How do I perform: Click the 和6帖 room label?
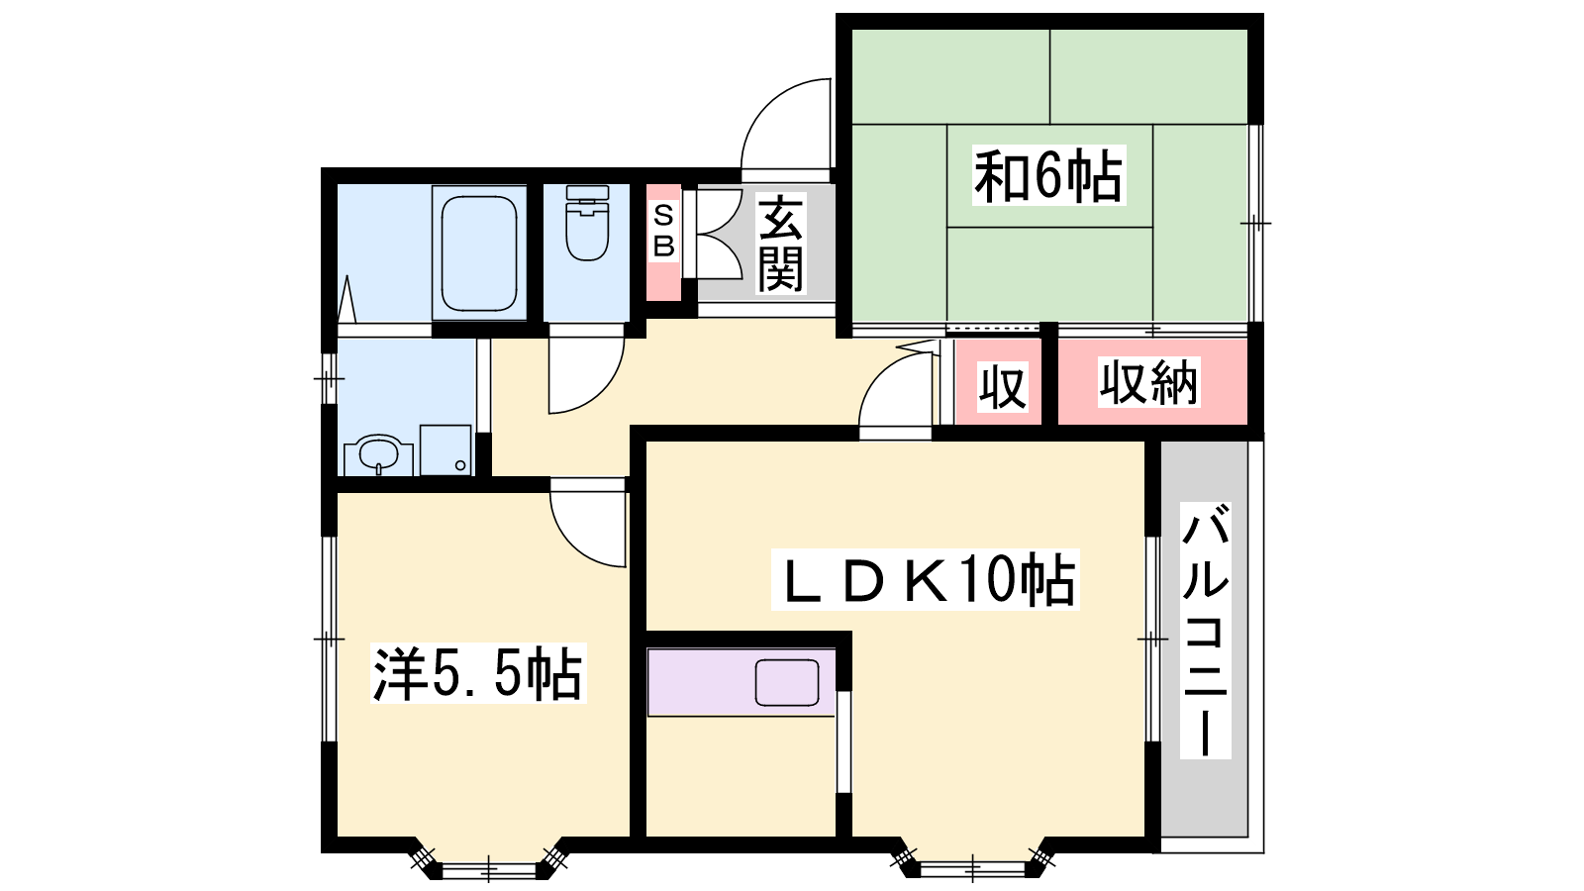pos(1048,174)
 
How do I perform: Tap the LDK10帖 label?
pos(925,579)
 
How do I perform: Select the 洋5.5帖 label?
pos(478,672)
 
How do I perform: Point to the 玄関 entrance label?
pos(781,244)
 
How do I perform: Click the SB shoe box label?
pos(663,232)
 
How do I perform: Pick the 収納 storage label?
pos(1148,382)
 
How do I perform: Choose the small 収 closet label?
pos(1002,387)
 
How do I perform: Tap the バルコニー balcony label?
pos(1205,630)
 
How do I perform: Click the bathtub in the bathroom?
pos(479,253)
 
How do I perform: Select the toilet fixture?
pos(587,223)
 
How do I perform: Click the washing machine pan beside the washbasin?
pos(445,449)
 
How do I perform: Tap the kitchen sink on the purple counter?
pos(786,682)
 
